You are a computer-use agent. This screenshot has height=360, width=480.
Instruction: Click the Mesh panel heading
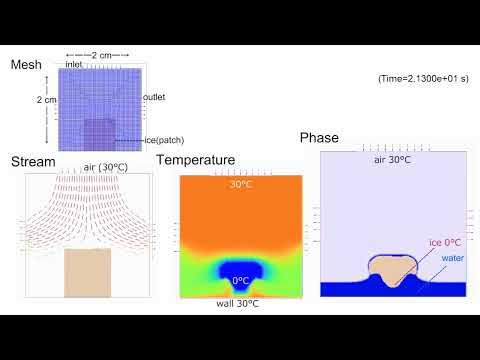[26, 65]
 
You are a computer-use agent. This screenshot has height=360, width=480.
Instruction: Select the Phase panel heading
[319, 138]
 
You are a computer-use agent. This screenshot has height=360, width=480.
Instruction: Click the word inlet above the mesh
[74, 64]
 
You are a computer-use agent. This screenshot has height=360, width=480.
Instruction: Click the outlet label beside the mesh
[154, 97]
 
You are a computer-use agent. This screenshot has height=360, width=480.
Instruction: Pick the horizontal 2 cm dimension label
[96, 54]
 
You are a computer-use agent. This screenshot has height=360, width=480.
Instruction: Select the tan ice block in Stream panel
[87, 272]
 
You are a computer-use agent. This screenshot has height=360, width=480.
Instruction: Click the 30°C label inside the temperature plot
[241, 184]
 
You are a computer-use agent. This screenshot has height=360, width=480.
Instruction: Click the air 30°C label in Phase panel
[393, 160]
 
